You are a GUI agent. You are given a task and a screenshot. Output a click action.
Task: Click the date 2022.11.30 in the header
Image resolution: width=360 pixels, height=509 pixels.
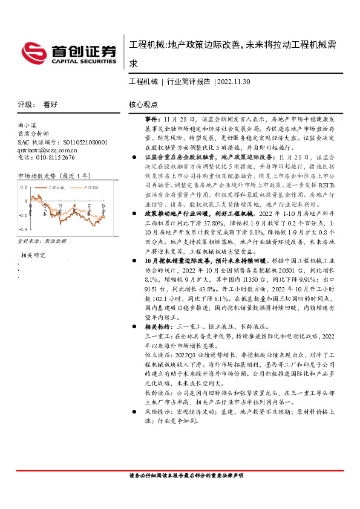click(x=234, y=81)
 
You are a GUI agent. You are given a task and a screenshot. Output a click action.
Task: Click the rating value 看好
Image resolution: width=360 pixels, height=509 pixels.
click(x=50, y=105)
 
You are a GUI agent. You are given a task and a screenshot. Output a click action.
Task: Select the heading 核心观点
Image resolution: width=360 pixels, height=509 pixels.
click(x=143, y=105)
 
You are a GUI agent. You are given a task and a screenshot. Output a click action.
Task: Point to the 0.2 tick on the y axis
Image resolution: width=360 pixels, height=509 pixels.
click(x=23, y=186)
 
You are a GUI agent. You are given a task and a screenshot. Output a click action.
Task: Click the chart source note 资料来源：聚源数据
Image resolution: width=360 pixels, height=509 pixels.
click(x=42, y=241)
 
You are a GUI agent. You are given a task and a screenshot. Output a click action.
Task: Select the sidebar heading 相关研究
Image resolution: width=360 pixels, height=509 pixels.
click(x=33, y=255)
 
